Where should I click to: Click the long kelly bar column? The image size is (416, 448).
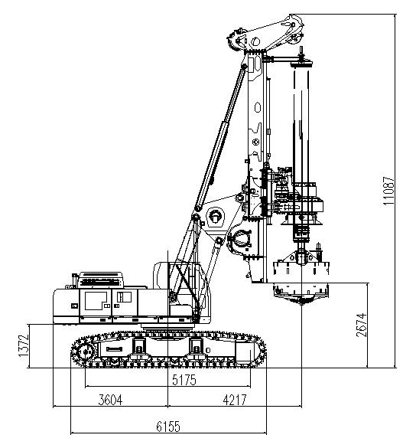[304, 123]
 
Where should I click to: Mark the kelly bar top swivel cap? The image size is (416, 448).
[304, 62]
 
